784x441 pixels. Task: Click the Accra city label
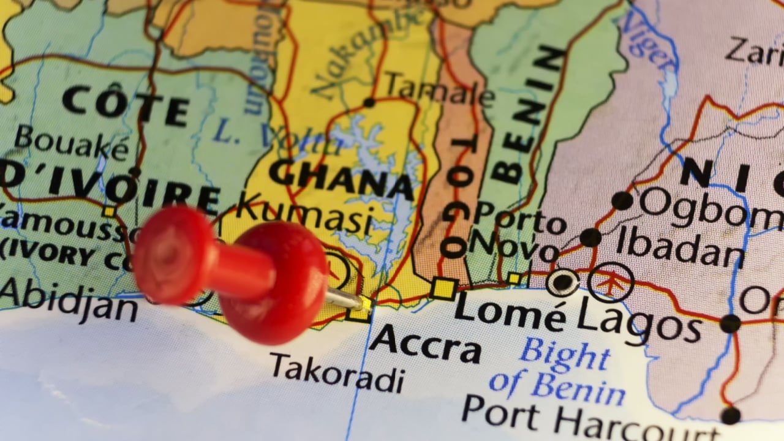[424, 344]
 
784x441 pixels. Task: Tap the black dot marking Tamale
[369, 102]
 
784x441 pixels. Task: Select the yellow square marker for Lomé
[443, 288]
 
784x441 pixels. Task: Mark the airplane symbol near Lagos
[610, 282]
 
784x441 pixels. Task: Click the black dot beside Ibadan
[590, 238]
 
